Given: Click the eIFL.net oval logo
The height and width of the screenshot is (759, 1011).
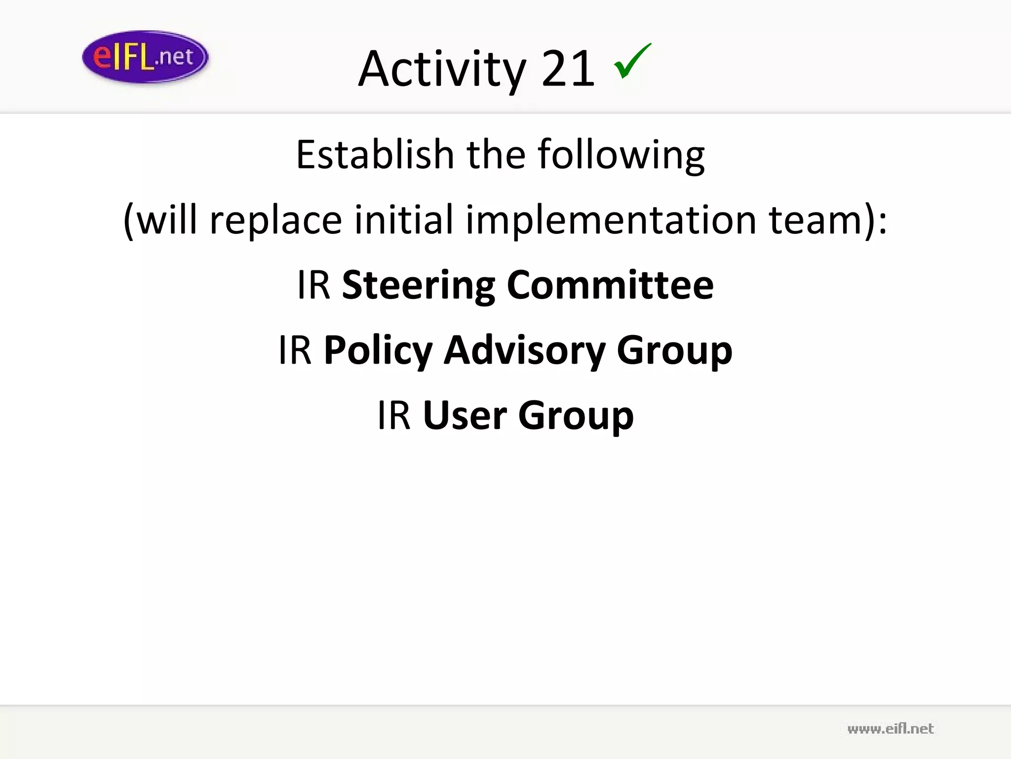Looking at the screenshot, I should [x=145, y=57].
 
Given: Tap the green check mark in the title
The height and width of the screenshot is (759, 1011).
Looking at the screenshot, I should [x=632, y=61].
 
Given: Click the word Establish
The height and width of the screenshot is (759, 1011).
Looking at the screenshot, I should [x=375, y=154].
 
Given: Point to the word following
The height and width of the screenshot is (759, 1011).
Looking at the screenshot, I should [x=621, y=155].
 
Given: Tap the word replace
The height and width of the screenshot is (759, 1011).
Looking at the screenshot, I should [x=275, y=220].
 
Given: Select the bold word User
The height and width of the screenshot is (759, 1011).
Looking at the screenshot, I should [x=465, y=415].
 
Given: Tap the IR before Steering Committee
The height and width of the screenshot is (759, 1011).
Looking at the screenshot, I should [x=313, y=285].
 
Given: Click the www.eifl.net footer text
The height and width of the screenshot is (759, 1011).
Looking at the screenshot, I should [x=890, y=729].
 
